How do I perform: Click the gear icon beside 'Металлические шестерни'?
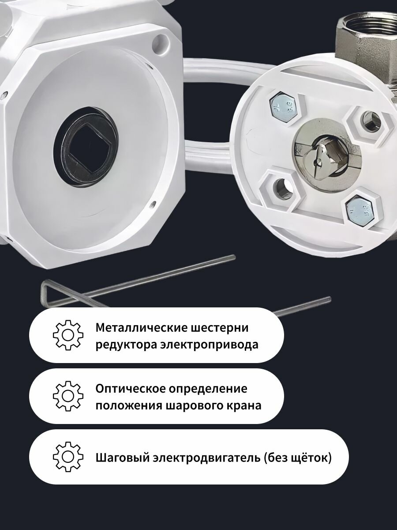tap(68, 335)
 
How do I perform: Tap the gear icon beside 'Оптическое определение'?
tap(68, 396)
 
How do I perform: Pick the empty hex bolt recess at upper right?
tap(369, 123)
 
